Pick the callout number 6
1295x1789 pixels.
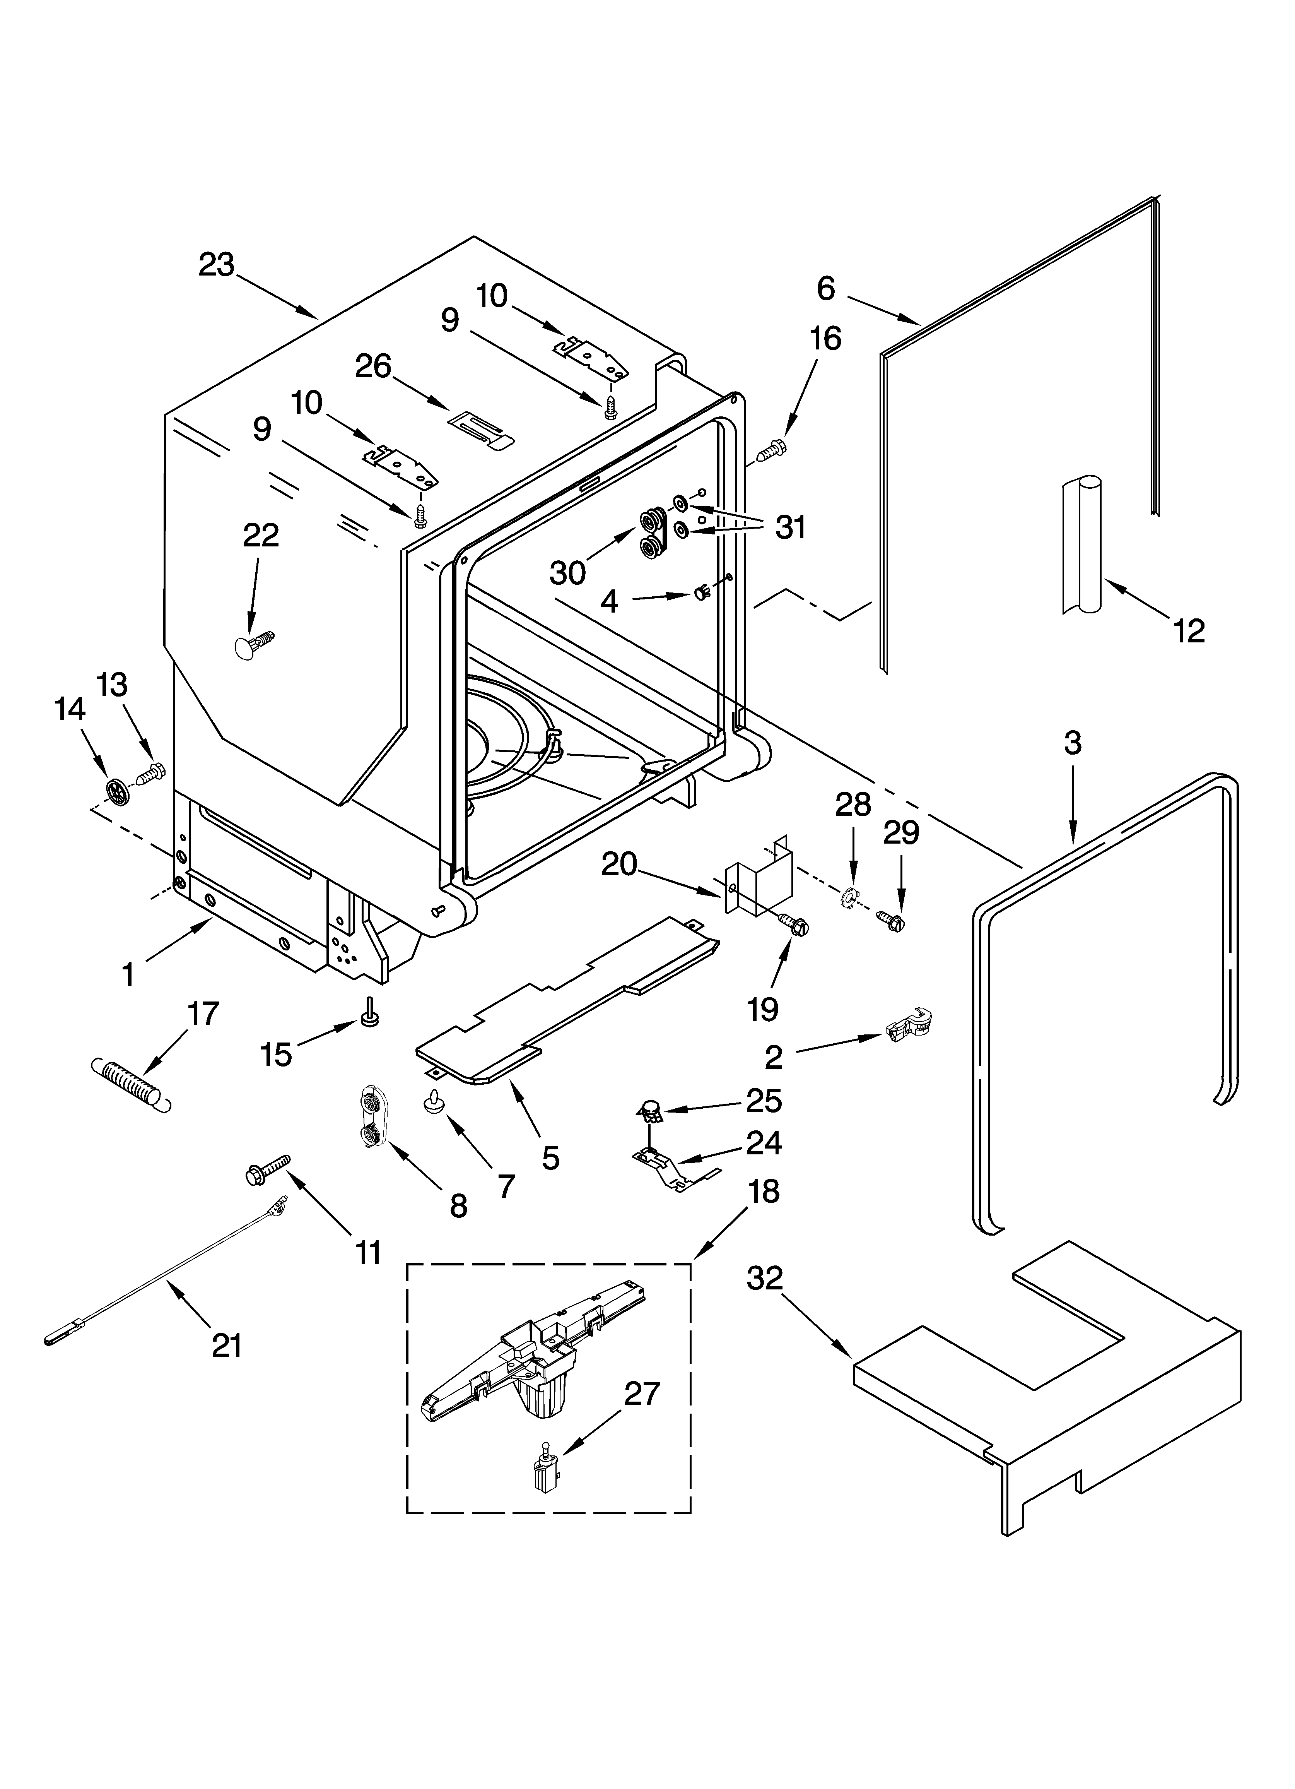[x=825, y=289]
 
